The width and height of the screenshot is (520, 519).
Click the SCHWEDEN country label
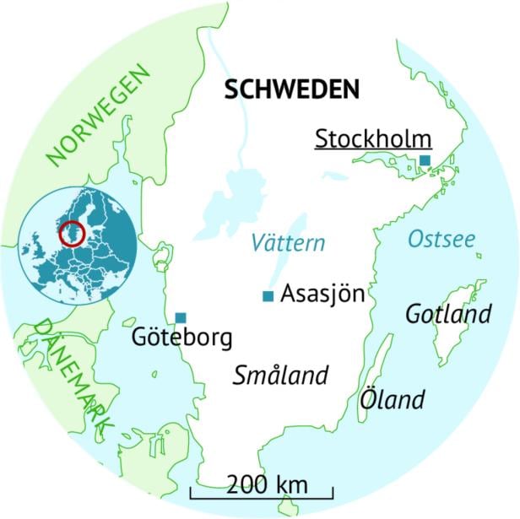click(292, 90)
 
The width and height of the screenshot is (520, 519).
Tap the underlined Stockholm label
click(372, 138)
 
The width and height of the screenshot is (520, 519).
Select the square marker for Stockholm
click(425, 160)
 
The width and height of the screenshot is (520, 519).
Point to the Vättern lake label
click(288, 244)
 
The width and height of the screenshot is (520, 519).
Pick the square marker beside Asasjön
click(268, 295)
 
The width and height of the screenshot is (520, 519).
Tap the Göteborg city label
click(181, 338)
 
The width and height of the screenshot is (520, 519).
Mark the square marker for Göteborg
click(181, 317)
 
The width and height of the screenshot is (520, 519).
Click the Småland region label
click(279, 376)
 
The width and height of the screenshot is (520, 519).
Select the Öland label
click(392, 398)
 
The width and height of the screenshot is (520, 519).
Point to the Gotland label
click(448, 315)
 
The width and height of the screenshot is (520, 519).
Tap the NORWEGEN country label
click(99, 115)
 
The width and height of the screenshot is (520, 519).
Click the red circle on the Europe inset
click(73, 233)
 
